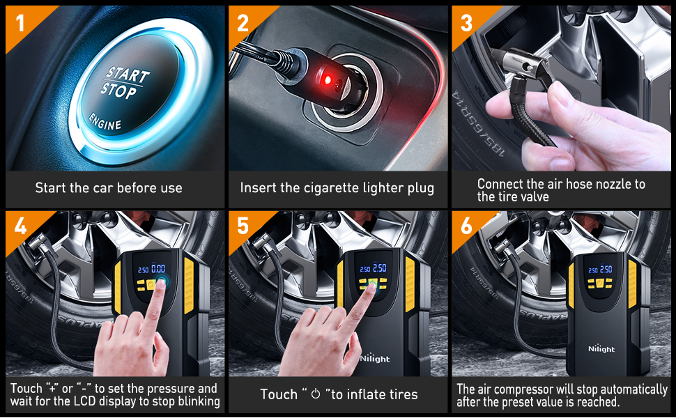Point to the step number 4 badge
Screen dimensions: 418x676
pyautogui.click(x=20, y=226)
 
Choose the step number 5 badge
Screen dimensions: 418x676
pyautogui.click(x=243, y=226)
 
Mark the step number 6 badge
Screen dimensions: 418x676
pyautogui.click(x=466, y=226)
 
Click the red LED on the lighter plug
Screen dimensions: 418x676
pyautogui.click(x=325, y=82)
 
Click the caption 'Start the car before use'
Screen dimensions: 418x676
pyautogui.click(x=109, y=188)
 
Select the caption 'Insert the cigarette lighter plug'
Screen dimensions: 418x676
pyautogui.click(x=337, y=188)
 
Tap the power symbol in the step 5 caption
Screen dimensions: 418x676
pyautogui.click(x=315, y=395)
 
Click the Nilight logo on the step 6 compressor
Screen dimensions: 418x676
pyautogui.click(x=600, y=348)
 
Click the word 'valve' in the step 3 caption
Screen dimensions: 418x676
pyautogui.click(x=533, y=196)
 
